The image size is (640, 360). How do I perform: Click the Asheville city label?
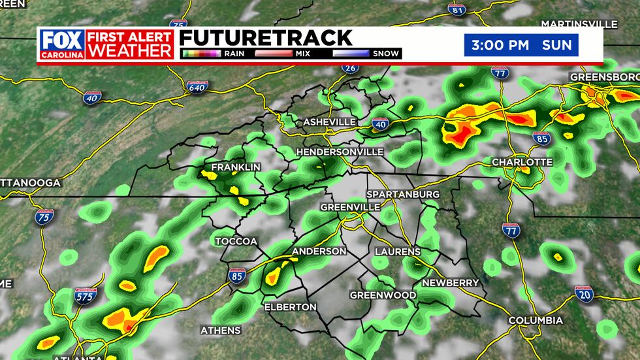pyautogui.click(x=329, y=122)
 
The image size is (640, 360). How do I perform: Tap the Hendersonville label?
pyautogui.click(x=340, y=152)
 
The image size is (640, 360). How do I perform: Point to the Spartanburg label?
pyautogui.click(x=403, y=195)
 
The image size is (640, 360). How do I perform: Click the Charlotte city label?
pyautogui.click(x=522, y=162)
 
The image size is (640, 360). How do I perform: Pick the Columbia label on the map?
pyautogui.click(x=536, y=320)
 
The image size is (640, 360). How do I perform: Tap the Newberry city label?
pyautogui.click(x=451, y=282)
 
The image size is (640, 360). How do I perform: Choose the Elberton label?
pyautogui.click(x=290, y=306)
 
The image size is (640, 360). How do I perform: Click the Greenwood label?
pyautogui.click(x=383, y=295)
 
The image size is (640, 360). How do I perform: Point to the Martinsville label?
pyautogui.click(x=579, y=24)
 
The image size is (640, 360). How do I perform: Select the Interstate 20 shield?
pyautogui.click(x=583, y=293)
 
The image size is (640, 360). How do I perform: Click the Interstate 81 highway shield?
pyautogui.click(x=457, y=9)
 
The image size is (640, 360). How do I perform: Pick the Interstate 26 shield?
pyautogui.click(x=350, y=68)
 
